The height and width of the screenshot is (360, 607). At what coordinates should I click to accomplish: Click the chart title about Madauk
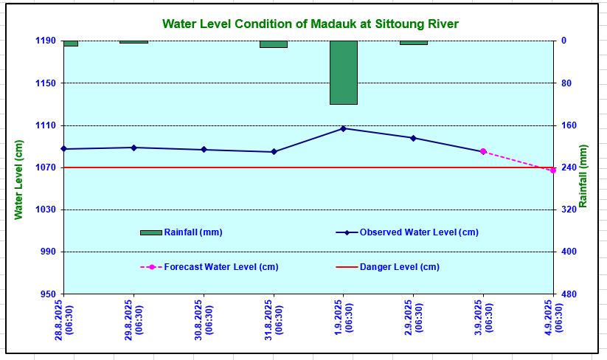(310, 24)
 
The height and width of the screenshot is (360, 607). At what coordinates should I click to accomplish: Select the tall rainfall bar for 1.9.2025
(344, 72)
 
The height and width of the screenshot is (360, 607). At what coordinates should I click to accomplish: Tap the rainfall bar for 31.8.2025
(274, 44)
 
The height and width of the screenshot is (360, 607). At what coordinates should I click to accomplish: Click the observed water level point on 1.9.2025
(344, 128)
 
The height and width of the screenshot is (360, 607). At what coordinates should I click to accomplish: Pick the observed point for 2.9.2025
(413, 138)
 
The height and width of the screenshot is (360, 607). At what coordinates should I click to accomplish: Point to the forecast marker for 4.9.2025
(553, 170)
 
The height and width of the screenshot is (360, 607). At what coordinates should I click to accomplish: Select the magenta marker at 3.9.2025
(483, 152)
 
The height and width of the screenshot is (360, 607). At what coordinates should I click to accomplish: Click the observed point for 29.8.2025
(133, 148)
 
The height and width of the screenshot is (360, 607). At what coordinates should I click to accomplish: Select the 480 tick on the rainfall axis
(569, 294)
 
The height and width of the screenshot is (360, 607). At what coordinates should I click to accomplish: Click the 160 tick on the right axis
(569, 125)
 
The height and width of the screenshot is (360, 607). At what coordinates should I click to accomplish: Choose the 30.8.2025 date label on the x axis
(204, 317)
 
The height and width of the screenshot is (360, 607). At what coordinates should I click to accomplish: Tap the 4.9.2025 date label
(553, 317)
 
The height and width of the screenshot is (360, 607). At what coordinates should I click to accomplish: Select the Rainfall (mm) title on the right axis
(583, 176)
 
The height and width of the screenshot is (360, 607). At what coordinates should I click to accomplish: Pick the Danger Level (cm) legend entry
(399, 267)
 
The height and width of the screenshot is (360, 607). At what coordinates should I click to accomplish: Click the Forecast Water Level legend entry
(221, 267)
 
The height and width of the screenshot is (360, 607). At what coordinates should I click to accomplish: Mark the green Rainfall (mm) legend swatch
(151, 232)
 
